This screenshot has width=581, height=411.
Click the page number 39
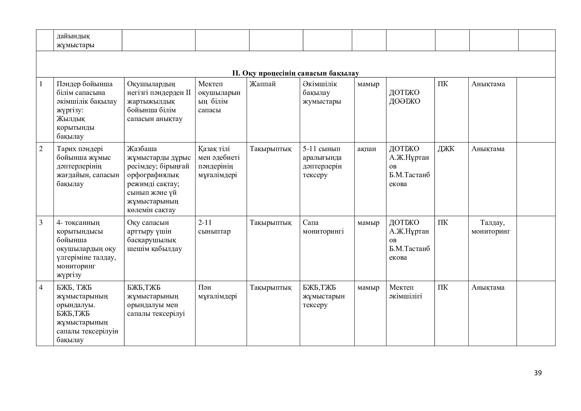coord(538,373)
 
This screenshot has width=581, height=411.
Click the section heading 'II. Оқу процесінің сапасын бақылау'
coord(295,73)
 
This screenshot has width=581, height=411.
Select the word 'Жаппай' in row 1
coord(262,84)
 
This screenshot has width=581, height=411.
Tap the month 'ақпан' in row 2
coord(366,149)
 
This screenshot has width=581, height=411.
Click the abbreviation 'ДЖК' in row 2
coord(446,149)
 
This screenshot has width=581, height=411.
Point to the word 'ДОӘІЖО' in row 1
coord(404,101)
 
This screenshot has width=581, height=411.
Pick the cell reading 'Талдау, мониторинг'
coord(491,227)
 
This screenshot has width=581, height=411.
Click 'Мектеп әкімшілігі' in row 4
coord(405,292)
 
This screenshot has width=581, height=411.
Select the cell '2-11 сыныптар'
coord(214,227)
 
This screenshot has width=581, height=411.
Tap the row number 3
coord(41,223)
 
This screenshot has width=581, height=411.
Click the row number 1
coord(41,84)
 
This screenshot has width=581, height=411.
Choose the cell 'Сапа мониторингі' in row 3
coord(323,227)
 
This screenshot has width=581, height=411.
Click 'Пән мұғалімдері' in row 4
coord(217,292)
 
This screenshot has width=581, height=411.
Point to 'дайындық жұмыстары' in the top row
coord(76,41)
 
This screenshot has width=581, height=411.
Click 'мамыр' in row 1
coord(368,84)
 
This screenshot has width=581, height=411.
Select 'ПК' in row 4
coord(443,288)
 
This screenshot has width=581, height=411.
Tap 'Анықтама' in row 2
coord(488,149)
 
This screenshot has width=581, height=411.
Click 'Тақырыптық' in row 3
coord(271,223)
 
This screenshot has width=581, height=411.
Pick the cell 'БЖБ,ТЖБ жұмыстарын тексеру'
coord(323,296)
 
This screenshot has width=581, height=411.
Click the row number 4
coord(41,288)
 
